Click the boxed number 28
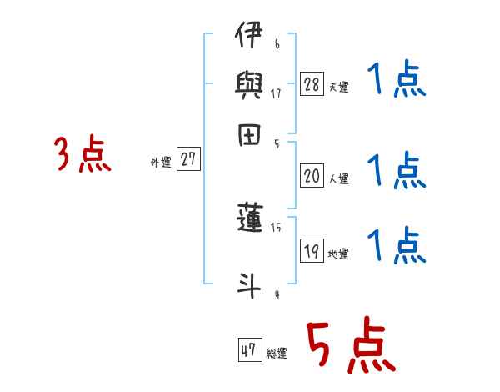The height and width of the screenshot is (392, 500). (x=312, y=83)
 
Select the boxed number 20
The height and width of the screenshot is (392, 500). (x=312, y=176)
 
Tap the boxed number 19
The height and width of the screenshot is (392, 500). (x=312, y=251)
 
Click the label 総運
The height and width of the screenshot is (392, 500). (x=277, y=354)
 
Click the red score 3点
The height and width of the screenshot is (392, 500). (x=82, y=155)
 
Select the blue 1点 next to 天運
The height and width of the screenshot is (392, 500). (x=396, y=82)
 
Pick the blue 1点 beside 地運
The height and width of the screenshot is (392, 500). (x=396, y=246)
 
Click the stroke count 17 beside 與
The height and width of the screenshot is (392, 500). (x=276, y=94)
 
